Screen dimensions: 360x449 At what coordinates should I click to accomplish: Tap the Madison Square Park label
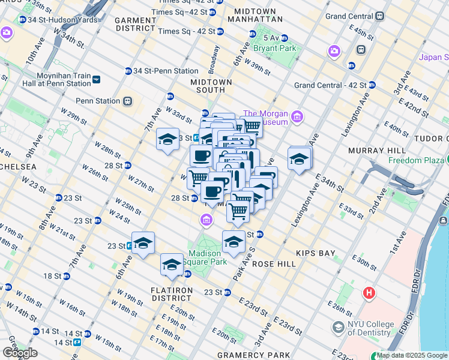pos(209,257)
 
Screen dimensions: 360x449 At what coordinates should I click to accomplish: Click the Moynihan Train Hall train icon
pos(97,79)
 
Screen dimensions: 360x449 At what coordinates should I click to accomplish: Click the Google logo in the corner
pos(19,353)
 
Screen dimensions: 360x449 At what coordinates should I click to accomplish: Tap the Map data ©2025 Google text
pos(412,355)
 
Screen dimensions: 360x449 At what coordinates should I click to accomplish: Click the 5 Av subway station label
pos(271,38)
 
